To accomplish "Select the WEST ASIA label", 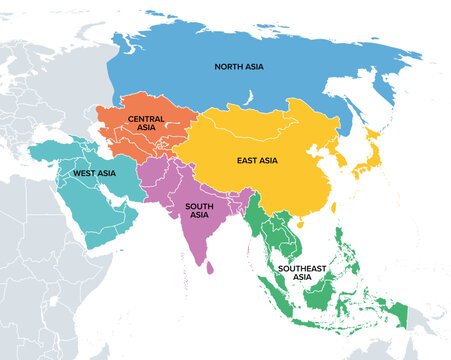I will coord(91,173).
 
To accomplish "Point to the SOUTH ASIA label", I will coord(198,210).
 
